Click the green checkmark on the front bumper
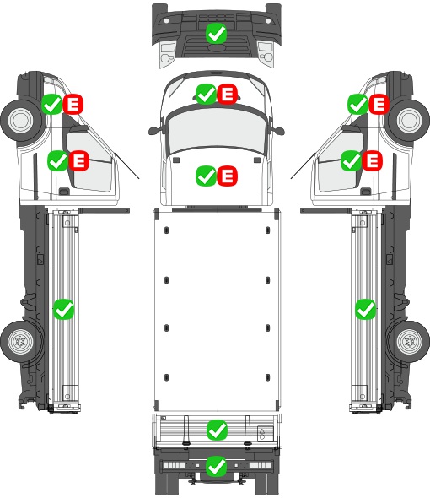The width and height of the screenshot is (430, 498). pos(216,34)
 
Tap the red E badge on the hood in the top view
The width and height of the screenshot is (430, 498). pos(228,176)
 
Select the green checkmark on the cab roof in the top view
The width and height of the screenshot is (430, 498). pos(207,94)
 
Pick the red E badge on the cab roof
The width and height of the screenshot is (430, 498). pos(228,94)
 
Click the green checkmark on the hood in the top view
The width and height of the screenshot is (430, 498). pos(207,176)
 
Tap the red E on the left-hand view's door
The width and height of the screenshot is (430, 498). pos(78,160)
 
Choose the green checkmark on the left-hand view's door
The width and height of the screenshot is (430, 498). pos(58,160)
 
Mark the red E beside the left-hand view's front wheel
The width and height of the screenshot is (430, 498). pos(73,104)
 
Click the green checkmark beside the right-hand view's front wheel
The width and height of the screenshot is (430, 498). pos(358,104)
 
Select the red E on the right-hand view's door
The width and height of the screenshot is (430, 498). pos(373,160)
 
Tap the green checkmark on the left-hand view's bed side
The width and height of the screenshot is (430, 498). pos(63,309)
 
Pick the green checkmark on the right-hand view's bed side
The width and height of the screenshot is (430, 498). pos(366,309)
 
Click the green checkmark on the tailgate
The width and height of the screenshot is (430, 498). pos(217,430)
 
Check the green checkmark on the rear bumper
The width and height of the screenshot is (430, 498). pos(217,466)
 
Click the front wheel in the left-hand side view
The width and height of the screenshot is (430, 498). pos(22,121)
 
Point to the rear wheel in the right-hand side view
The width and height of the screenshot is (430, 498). pos(409,342)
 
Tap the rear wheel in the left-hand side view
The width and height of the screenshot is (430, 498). pos(22,342)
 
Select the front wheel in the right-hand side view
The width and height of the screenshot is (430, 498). pos(409,121)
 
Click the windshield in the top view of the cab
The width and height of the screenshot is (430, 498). pos(217,130)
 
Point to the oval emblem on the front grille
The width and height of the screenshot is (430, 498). pos(217,47)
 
